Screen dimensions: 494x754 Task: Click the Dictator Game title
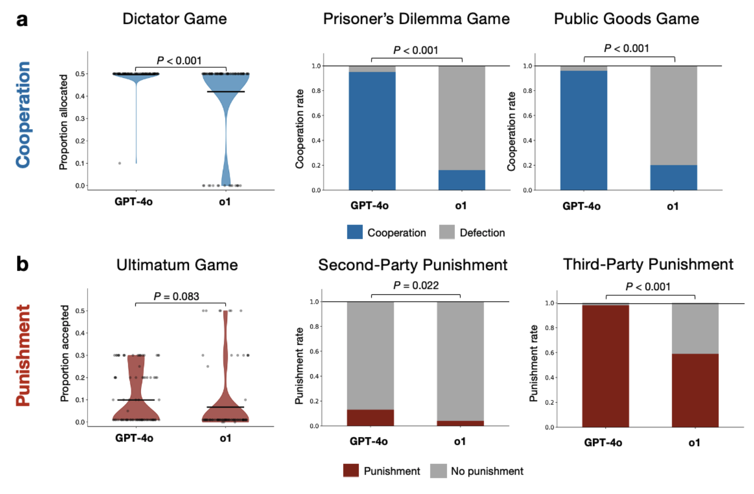click(175, 19)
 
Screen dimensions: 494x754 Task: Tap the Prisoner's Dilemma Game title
click(416, 19)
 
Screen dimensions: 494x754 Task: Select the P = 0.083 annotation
click(176, 296)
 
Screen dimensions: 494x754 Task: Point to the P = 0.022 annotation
click(416, 285)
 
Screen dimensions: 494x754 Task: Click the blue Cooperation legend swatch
click(355, 232)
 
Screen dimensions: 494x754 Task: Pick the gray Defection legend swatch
click(447, 232)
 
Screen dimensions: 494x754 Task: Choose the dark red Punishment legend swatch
click(351, 471)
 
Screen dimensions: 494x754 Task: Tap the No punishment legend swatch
click(438, 471)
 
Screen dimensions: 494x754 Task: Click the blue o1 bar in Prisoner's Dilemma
click(462, 180)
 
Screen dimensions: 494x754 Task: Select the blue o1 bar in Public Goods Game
click(673, 177)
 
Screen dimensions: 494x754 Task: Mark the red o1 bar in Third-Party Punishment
click(695, 390)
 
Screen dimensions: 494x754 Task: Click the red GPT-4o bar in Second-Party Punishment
click(370, 418)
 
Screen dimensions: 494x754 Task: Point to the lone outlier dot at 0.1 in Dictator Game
click(120, 163)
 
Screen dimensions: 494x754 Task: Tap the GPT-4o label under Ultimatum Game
click(134, 438)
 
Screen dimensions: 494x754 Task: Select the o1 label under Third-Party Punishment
click(694, 442)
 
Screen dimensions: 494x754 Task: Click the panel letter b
click(22, 264)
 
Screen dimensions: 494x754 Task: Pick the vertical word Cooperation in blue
click(23, 115)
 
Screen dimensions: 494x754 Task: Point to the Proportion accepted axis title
click(64, 354)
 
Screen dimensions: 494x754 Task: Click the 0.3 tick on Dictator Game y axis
click(80, 118)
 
